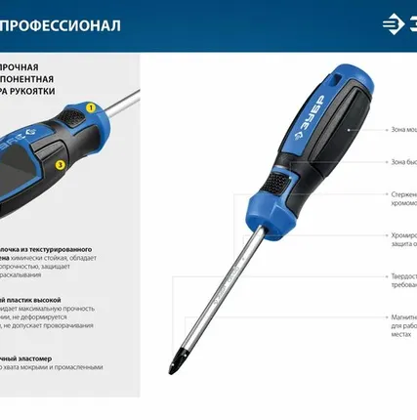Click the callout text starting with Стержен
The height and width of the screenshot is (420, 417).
[x=398, y=194]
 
